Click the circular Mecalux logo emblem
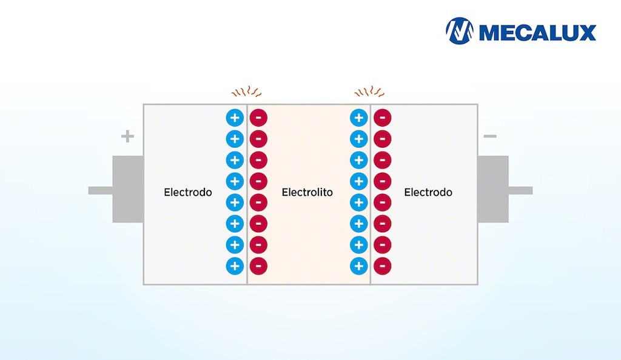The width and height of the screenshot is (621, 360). (459, 31)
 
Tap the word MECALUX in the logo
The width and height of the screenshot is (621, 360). (537, 32)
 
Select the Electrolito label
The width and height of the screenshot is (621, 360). (307, 192)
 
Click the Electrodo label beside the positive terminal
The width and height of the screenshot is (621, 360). (188, 192)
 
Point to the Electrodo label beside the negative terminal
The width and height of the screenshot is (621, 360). (428, 192)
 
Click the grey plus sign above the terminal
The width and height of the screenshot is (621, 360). (127, 136)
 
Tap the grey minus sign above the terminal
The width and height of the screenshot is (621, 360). (489, 136)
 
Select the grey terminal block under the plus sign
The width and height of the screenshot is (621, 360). (128, 189)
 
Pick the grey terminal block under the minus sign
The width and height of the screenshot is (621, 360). (492, 189)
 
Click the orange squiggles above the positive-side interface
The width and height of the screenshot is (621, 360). (246, 93)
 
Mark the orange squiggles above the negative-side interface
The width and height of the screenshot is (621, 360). (370, 93)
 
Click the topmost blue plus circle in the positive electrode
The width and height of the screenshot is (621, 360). (235, 118)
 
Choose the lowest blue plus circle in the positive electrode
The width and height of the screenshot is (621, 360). (235, 265)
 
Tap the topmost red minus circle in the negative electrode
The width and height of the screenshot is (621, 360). (382, 118)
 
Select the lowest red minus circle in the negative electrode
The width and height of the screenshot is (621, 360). (382, 265)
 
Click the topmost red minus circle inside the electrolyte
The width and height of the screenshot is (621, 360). (258, 118)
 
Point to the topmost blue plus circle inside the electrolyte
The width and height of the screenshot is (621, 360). (359, 118)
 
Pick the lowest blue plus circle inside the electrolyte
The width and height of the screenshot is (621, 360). (359, 265)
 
